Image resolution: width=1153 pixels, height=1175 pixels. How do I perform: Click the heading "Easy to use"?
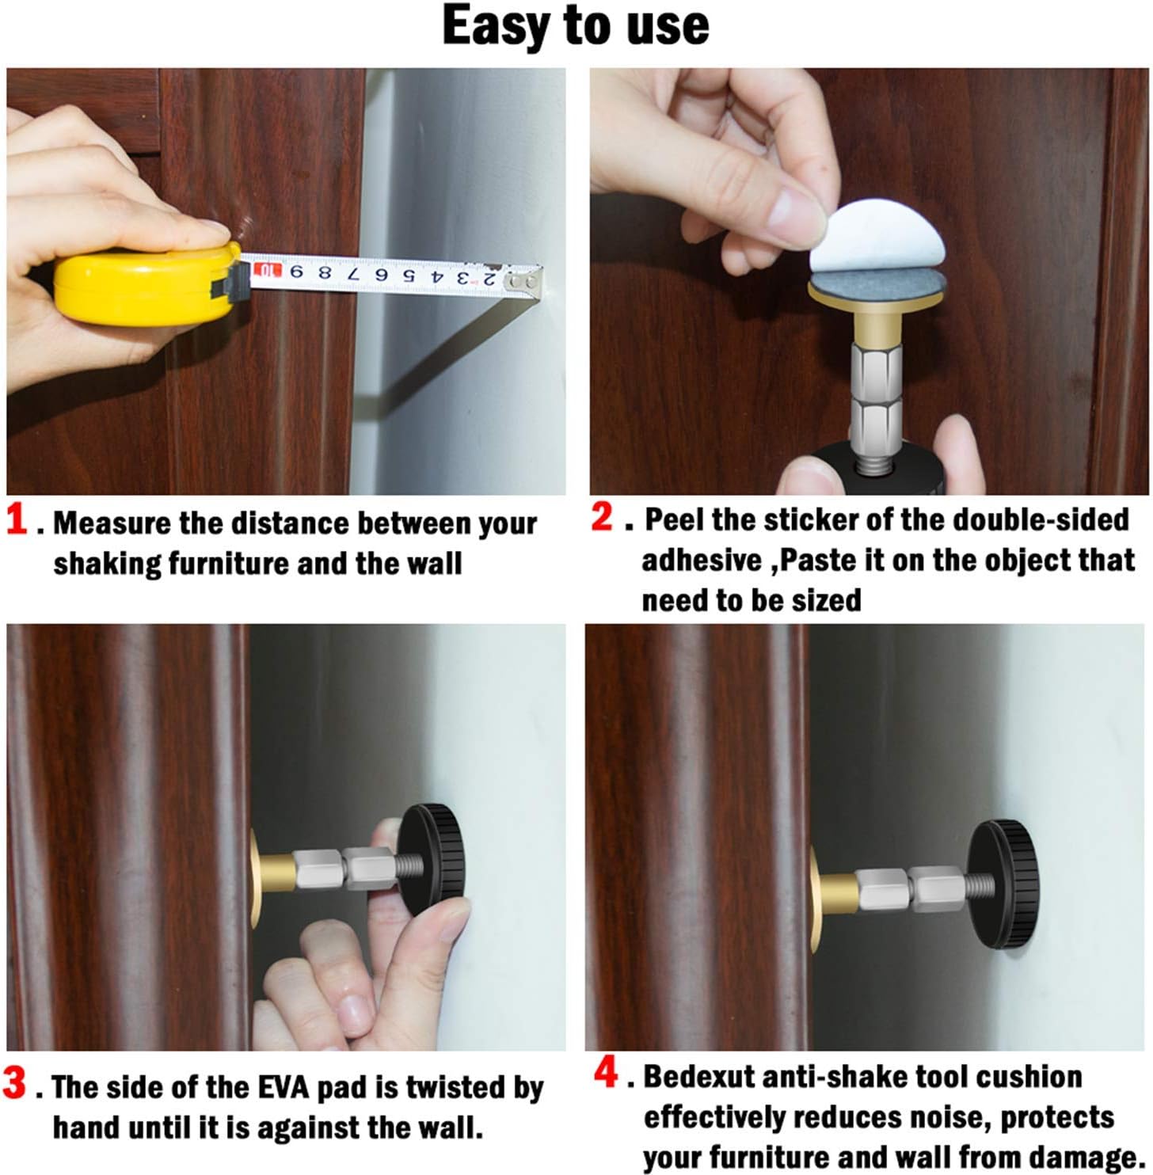click(x=576, y=26)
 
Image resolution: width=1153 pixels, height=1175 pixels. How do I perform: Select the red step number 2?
click(x=603, y=517)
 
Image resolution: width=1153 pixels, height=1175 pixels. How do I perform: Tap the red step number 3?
click(x=15, y=1082)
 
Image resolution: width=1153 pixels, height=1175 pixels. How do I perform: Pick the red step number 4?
click(x=606, y=1074)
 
